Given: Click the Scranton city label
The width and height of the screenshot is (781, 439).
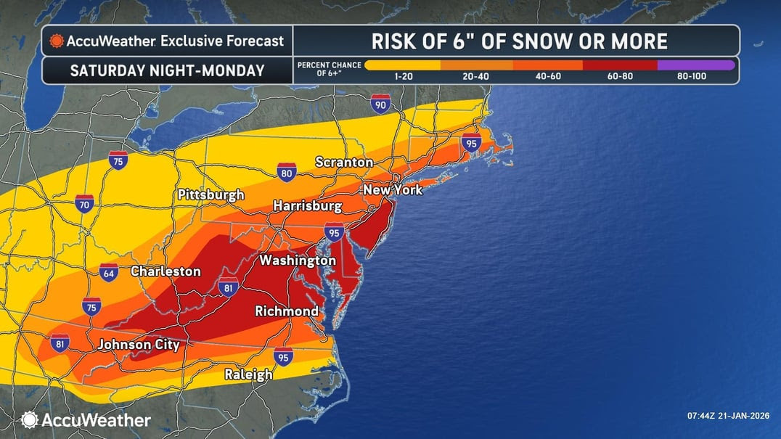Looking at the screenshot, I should click(x=344, y=163).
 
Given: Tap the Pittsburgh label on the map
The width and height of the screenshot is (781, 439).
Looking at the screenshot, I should click(x=211, y=195).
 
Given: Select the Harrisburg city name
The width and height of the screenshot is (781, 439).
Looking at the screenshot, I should click(x=307, y=207).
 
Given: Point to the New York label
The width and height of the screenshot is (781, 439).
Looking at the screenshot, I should click(x=393, y=190).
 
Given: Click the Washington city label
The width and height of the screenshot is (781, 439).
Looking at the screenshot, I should click(x=298, y=260).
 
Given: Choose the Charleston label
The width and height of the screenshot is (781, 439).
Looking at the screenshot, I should click(x=165, y=271).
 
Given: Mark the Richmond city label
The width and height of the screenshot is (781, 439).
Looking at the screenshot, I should click(x=287, y=311).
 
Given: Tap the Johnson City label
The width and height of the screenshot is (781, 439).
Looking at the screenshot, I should click(x=139, y=345).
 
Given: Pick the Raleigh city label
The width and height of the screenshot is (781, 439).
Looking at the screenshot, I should click(x=248, y=374).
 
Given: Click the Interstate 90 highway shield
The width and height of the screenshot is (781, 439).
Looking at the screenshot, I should click(x=379, y=104).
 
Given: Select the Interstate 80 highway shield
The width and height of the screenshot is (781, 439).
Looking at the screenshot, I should click(x=286, y=172).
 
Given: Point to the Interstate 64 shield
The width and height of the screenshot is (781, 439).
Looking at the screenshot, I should click(x=108, y=273).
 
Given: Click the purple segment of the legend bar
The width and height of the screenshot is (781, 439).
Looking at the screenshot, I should click(x=695, y=65).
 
